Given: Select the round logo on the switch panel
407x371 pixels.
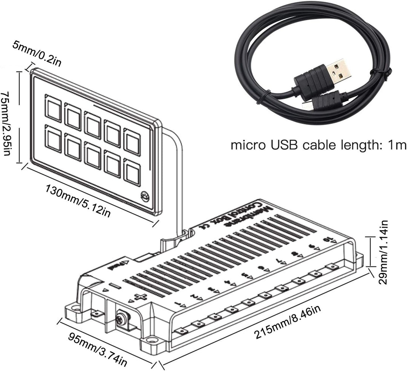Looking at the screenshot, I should pos(145,196).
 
